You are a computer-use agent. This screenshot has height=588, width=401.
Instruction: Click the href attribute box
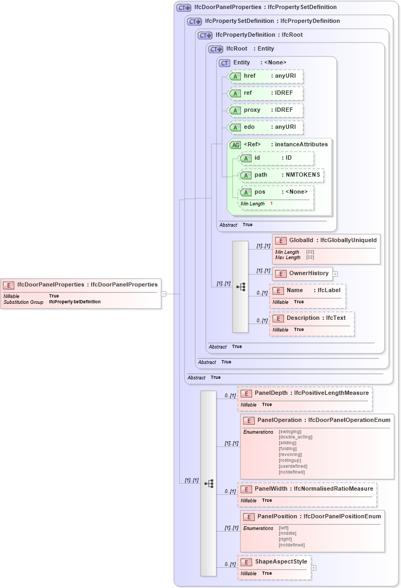click(x=265, y=76)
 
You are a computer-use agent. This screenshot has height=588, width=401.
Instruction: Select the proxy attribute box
click(x=265, y=110)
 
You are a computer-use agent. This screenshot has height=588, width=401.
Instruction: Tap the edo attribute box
click(x=265, y=127)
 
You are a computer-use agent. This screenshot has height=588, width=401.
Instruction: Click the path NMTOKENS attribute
click(x=281, y=175)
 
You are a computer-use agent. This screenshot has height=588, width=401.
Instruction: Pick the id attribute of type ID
click(x=276, y=158)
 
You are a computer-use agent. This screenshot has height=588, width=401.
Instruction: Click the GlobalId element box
click(x=326, y=241)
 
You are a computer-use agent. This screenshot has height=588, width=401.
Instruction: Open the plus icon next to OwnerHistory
click(x=336, y=274)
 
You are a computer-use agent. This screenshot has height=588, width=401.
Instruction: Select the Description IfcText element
click(x=312, y=318)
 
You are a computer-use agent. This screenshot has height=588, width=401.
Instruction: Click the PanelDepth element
click(x=305, y=393)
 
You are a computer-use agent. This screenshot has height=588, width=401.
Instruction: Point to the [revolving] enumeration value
click(x=290, y=454)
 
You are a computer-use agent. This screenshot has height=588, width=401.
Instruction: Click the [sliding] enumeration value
click(x=288, y=443)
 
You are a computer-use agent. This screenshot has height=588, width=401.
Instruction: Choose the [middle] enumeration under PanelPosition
click(x=288, y=533)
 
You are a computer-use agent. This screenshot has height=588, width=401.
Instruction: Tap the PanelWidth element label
click(x=306, y=489)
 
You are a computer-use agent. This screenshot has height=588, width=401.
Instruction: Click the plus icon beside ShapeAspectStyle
click(x=314, y=568)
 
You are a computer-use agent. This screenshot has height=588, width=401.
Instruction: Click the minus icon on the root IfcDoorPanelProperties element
click(x=164, y=293)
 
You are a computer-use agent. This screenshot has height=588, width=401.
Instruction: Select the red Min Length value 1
click(x=271, y=204)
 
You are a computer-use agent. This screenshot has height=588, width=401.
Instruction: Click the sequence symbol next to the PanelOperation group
click(x=208, y=483)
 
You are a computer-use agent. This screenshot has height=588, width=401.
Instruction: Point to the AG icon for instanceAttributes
click(x=235, y=145)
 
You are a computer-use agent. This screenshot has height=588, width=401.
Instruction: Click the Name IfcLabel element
click(x=308, y=291)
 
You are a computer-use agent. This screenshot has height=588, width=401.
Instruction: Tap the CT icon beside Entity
click(x=224, y=63)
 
